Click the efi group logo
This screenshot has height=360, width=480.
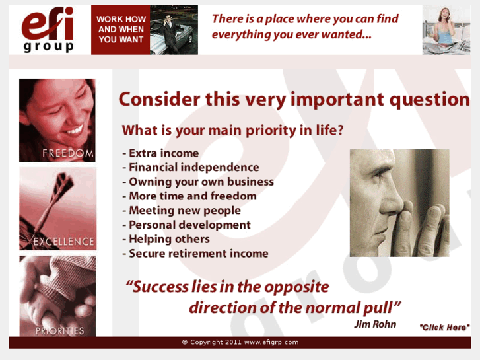click(48, 30)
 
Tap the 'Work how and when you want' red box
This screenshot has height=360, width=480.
click(121, 30)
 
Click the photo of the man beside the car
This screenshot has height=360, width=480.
click(174, 30)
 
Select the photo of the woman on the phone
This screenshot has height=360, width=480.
click(446, 30)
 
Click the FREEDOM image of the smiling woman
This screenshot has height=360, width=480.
click(57, 120)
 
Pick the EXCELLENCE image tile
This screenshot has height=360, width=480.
click(57, 209)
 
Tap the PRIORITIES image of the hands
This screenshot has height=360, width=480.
click(57, 296)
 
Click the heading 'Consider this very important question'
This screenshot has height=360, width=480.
click(294, 100)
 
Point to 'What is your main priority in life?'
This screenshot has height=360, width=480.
click(232, 130)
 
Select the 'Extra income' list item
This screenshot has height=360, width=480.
click(160, 153)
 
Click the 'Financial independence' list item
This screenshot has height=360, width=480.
click(191, 168)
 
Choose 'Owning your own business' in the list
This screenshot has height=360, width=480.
click(198, 182)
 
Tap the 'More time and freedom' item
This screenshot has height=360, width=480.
click(189, 196)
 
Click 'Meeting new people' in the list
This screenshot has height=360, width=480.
click(182, 211)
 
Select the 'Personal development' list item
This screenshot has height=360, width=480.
click(187, 225)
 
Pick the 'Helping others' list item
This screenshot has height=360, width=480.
click(166, 239)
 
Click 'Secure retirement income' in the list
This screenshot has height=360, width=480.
click(195, 254)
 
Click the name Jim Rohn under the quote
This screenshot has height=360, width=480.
click(375, 324)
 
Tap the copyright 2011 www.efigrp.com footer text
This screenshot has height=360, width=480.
click(240, 342)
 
